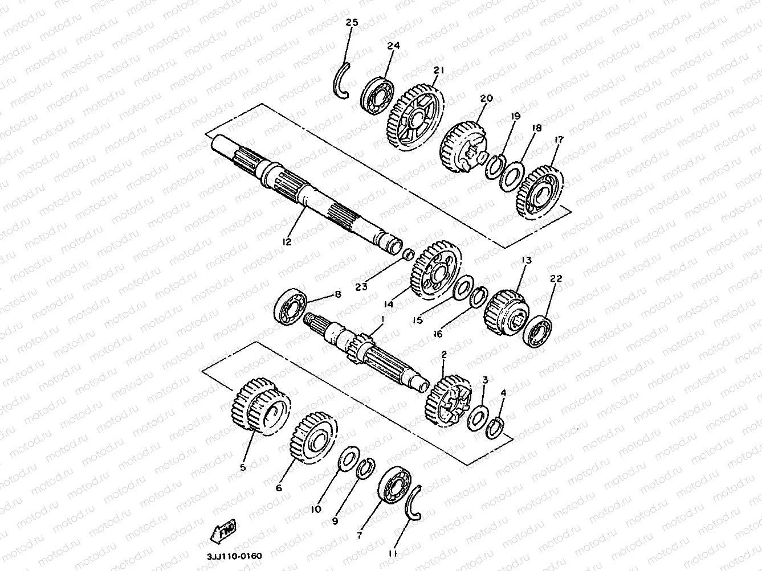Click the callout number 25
click(352, 23)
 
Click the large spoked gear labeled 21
click(415, 117)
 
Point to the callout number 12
click(287, 241)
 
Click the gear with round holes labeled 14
click(436, 270)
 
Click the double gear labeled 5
click(260, 406)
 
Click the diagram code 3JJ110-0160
click(234, 556)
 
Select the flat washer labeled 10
click(349, 459)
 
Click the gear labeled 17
click(540, 192)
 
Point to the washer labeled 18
click(512, 176)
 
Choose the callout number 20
click(486, 98)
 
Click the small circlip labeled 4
click(495, 429)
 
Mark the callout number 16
click(438, 334)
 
